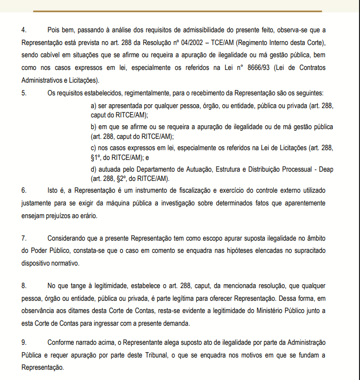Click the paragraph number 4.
(24, 30)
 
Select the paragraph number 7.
(24, 238)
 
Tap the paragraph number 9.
(24, 342)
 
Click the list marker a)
(94, 105)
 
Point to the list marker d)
(94, 169)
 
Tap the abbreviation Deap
(326, 169)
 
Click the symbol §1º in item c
(97, 157)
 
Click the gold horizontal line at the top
(177, 11)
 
